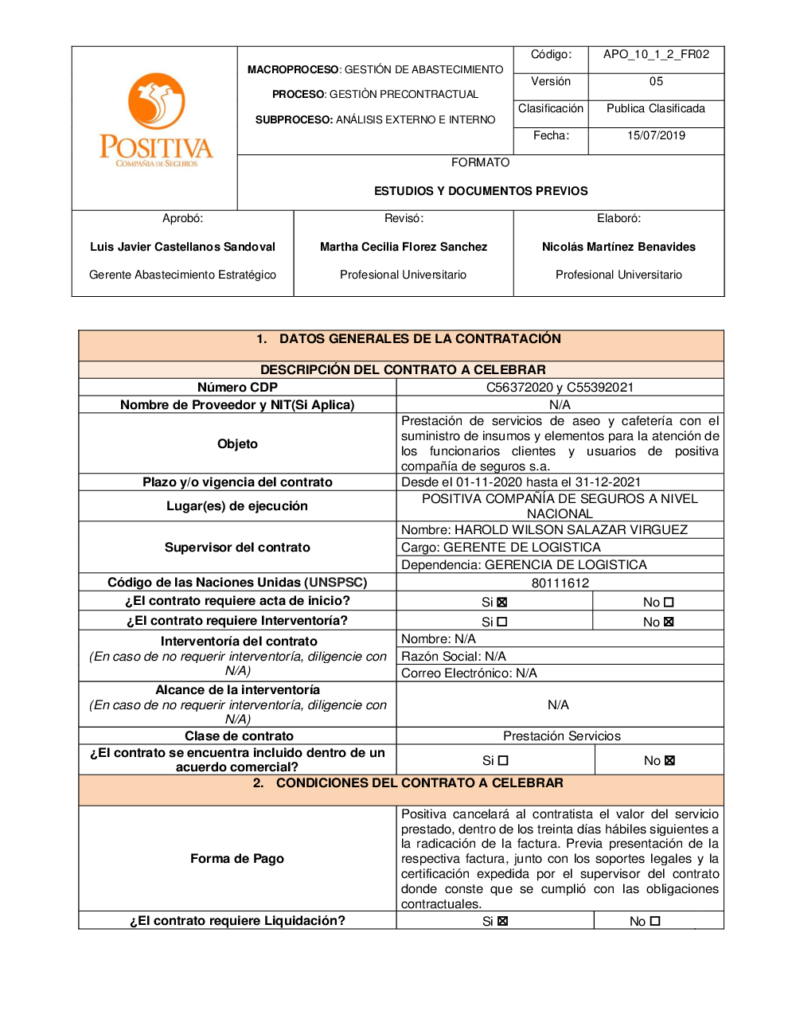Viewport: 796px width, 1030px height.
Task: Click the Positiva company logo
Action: point(156,119)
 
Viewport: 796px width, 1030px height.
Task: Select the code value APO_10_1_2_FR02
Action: point(656,54)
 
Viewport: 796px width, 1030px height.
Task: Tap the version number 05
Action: point(656,81)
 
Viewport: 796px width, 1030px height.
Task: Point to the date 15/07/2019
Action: point(656,135)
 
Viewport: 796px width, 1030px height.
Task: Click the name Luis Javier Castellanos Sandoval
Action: point(182,247)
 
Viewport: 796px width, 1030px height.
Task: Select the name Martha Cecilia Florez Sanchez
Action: point(404,247)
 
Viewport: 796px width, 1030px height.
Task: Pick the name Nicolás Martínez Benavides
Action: point(618,247)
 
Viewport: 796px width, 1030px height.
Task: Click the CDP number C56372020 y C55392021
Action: point(560,388)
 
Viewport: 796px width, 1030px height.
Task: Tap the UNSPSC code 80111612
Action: point(560,583)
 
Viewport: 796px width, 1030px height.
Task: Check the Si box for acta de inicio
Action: point(502,603)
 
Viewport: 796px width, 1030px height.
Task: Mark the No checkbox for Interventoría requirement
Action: point(669,622)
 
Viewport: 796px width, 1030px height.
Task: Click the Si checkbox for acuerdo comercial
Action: point(503,761)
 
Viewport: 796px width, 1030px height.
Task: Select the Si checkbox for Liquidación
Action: point(503,922)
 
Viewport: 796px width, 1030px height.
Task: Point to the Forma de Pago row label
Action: point(237,858)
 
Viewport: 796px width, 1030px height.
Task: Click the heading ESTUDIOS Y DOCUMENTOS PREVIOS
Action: point(481,191)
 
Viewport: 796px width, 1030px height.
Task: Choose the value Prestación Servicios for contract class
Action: point(561,736)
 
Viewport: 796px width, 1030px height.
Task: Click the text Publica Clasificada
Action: point(656,108)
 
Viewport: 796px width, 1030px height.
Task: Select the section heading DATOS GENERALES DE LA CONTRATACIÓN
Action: point(419,339)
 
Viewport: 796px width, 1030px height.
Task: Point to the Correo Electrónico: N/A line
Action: point(469,673)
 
